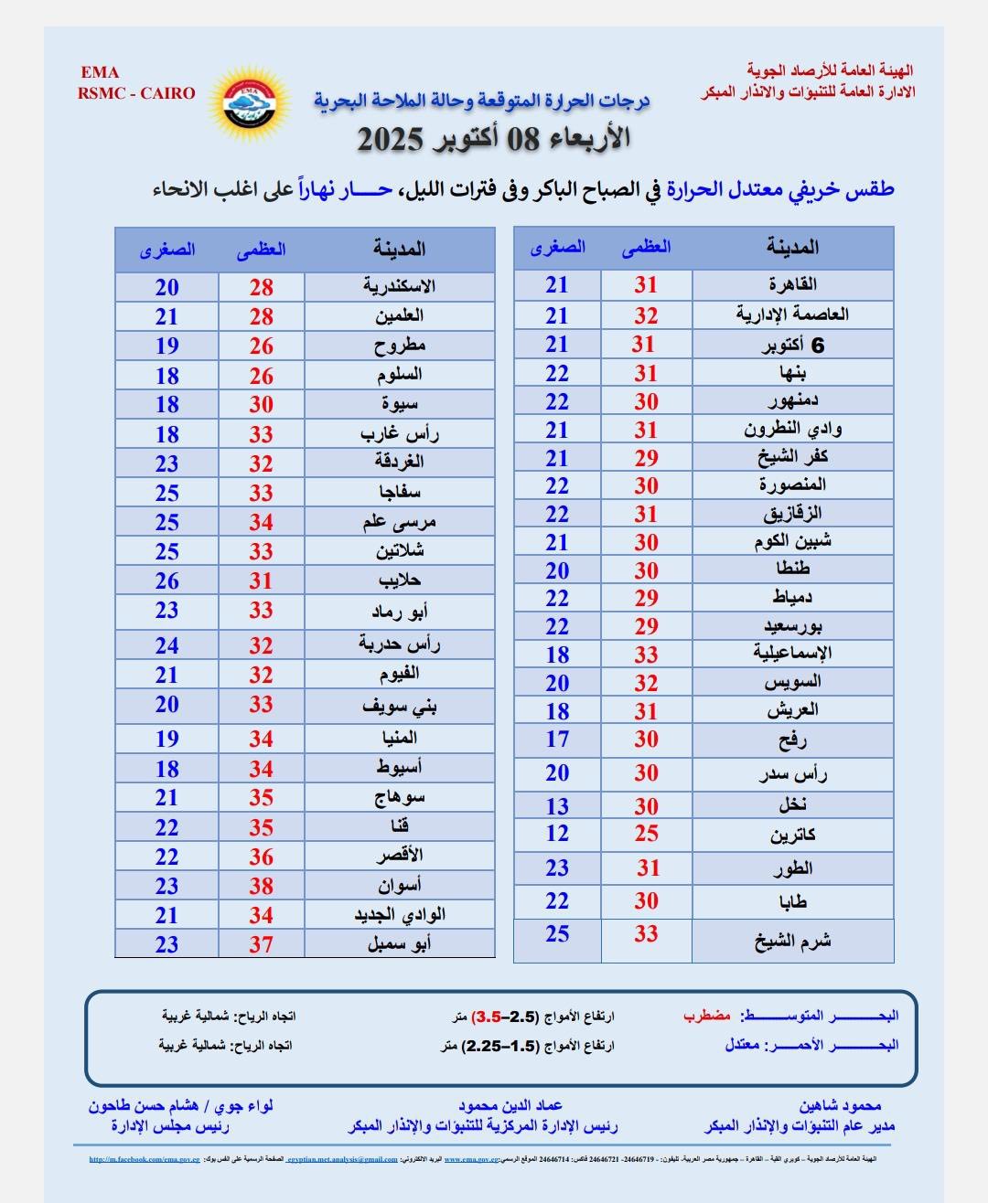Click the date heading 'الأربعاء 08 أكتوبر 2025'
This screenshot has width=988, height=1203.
point(493,139)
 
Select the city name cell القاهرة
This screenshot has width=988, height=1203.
point(792,284)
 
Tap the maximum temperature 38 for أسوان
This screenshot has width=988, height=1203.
point(262,886)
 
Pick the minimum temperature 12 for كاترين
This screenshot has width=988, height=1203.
point(557,834)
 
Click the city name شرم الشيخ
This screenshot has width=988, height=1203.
point(792,942)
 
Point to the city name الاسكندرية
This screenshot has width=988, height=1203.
point(399,286)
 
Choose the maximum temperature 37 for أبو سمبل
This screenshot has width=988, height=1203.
point(262,944)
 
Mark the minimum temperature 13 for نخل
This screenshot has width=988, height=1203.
point(557,806)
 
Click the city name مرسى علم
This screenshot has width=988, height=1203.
point(399,522)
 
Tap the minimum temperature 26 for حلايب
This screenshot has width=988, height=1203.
point(166,580)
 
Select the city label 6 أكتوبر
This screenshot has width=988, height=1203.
point(792,345)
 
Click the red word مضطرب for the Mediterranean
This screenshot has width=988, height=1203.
point(707,1015)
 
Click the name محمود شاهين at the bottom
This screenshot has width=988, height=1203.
point(840,1105)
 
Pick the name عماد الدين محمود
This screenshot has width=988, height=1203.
point(510,1105)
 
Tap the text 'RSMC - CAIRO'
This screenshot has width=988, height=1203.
point(136,92)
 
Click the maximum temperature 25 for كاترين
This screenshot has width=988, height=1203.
point(646,834)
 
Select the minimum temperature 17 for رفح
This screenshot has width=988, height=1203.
point(557,740)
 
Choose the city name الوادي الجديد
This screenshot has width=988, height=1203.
point(399,914)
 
